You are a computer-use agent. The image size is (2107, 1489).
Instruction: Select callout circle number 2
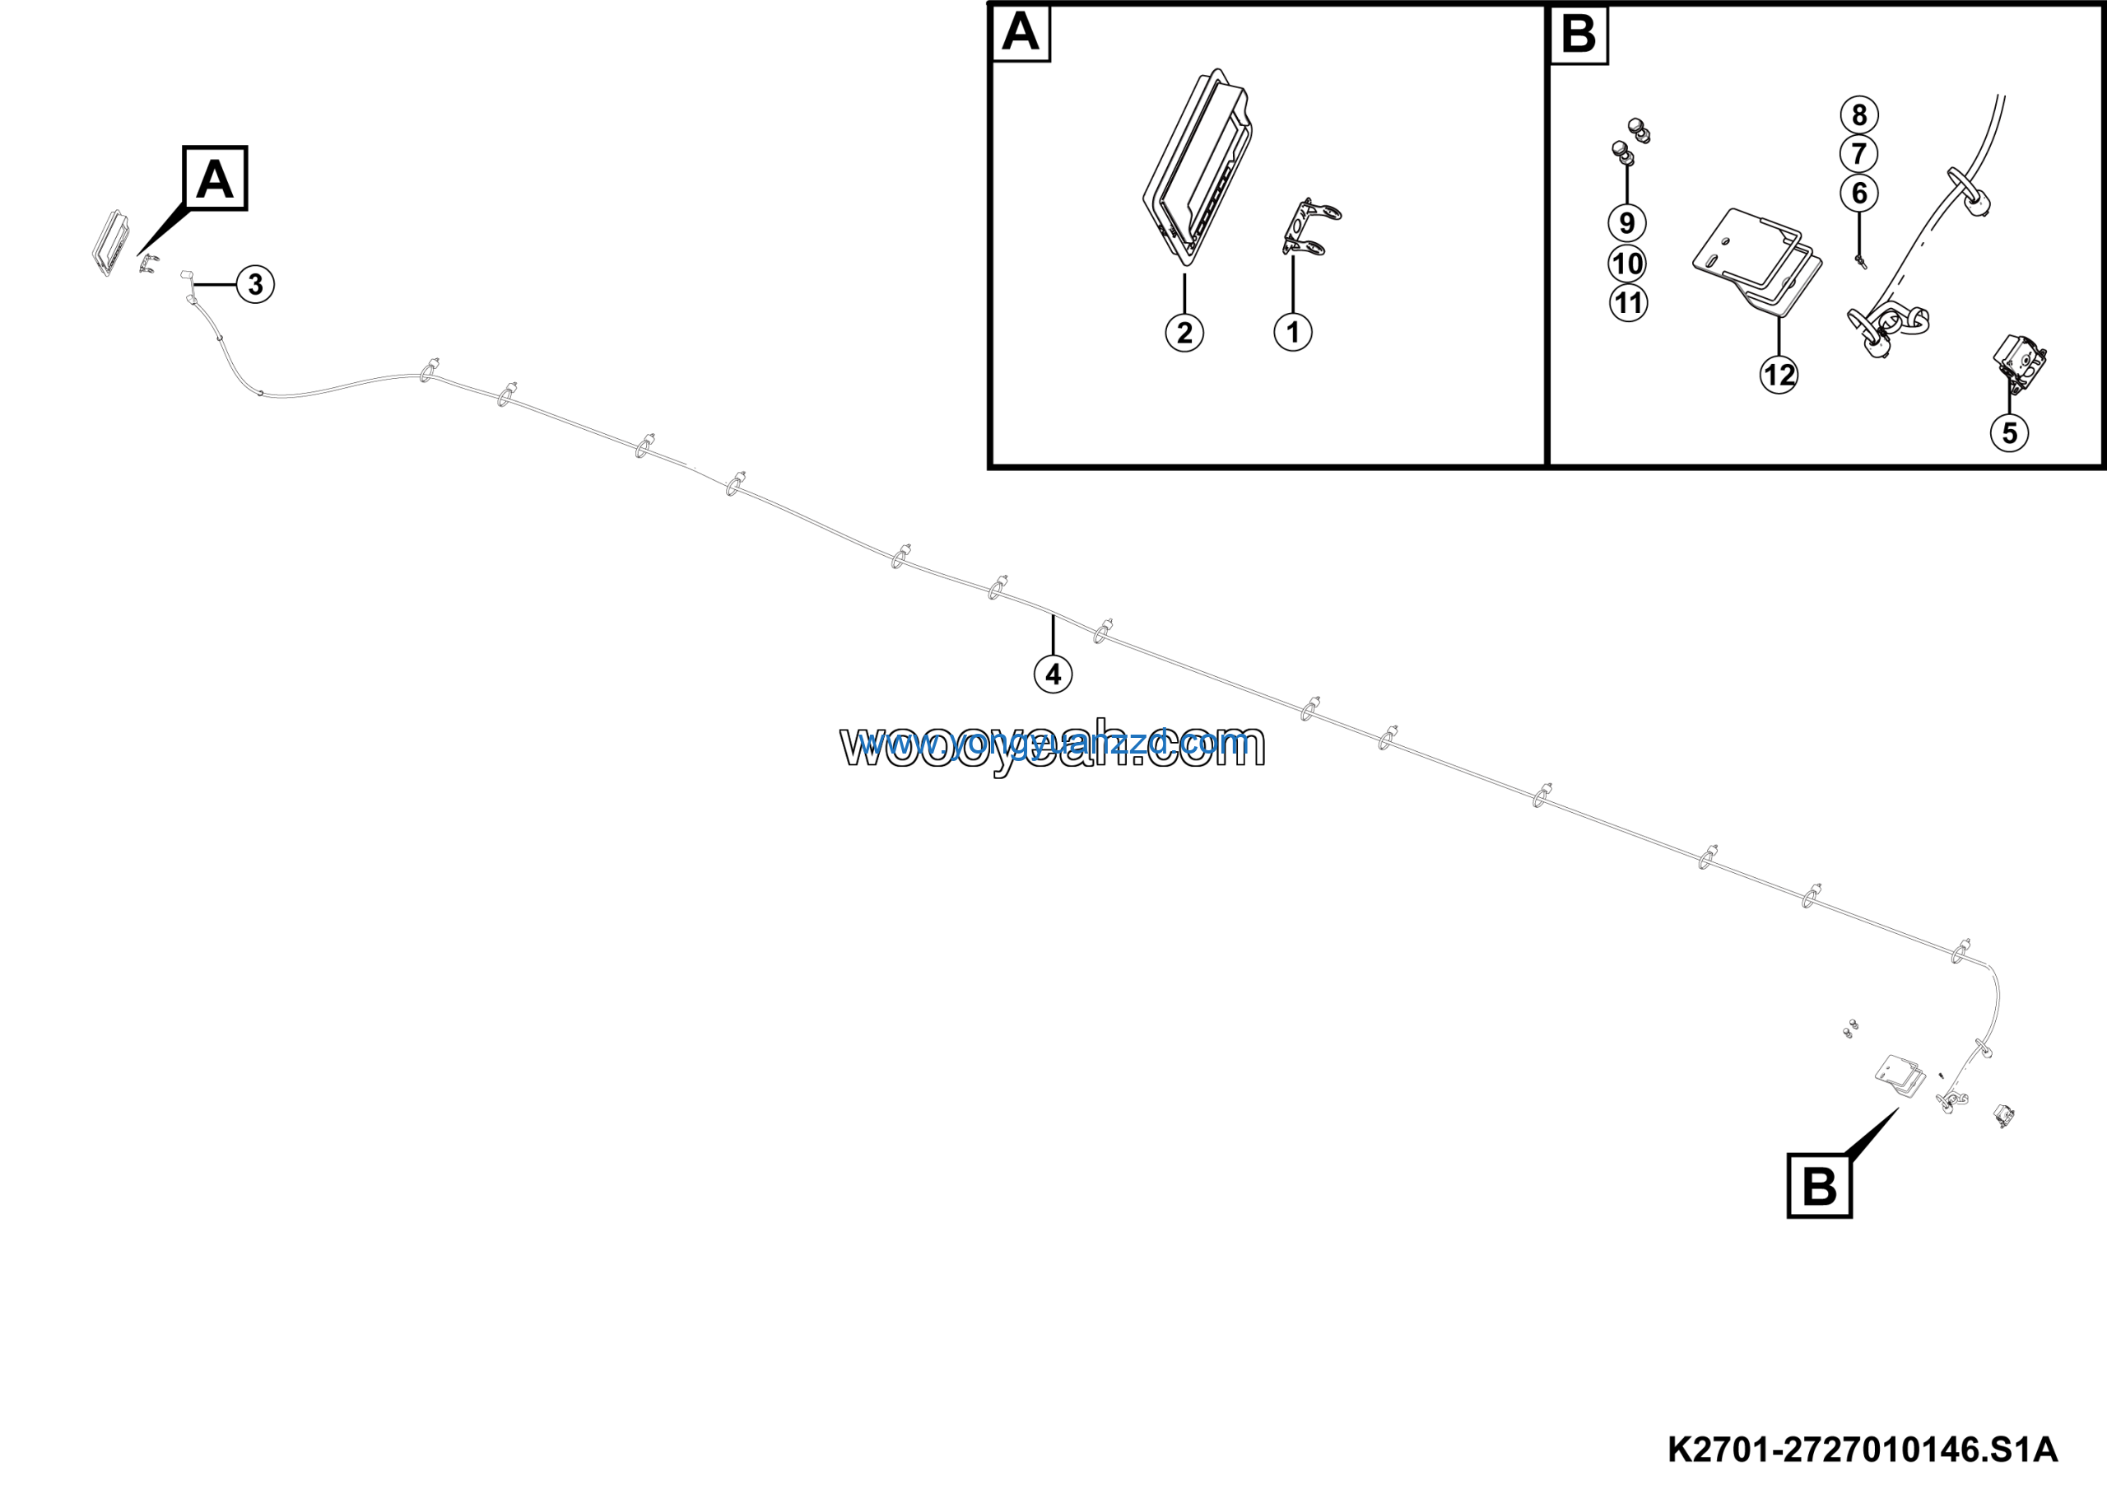[1184, 333]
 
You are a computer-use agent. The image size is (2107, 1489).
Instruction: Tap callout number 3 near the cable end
[255, 285]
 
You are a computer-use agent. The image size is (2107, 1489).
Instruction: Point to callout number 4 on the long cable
[1053, 674]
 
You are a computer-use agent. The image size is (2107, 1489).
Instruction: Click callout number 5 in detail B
[2009, 432]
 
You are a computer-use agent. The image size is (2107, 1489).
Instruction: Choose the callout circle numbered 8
[1859, 114]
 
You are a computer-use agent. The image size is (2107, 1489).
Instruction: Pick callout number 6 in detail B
[1859, 193]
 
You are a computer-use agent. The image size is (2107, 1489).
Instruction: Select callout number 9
[1627, 223]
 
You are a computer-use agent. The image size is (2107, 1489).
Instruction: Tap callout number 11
[1628, 303]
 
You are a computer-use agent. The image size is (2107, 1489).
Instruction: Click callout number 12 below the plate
[1779, 375]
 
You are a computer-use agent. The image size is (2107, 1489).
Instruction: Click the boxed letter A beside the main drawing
[216, 178]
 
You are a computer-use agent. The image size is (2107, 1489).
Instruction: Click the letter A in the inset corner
[1021, 33]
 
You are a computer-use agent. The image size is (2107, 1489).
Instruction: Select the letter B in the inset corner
[1578, 35]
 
